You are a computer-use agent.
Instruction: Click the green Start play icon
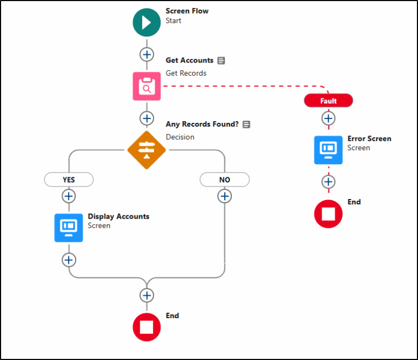click(x=146, y=22)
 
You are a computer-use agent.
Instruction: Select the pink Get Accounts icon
click(x=146, y=86)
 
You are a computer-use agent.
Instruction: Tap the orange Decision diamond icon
click(x=146, y=150)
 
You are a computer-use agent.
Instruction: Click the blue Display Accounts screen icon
click(x=69, y=228)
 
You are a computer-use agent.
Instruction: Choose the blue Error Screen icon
click(x=328, y=150)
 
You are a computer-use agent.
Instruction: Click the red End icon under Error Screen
click(x=328, y=214)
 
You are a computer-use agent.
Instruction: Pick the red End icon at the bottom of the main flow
click(x=146, y=327)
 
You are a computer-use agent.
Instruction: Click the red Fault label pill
click(x=328, y=101)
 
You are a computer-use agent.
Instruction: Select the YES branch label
click(x=69, y=179)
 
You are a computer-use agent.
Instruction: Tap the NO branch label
click(x=224, y=179)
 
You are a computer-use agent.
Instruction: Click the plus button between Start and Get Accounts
click(x=146, y=54)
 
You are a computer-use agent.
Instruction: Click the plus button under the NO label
click(x=224, y=196)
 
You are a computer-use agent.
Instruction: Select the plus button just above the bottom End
click(x=146, y=295)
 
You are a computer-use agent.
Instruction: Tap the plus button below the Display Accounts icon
click(x=69, y=260)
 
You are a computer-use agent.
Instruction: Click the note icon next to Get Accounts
click(x=222, y=60)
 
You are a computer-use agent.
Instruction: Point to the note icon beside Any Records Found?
click(x=247, y=125)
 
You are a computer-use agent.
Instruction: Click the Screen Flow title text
click(x=187, y=11)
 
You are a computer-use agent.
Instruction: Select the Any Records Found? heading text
click(x=202, y=125)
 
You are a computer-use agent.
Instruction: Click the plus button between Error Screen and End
click(x=328, y=182)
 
